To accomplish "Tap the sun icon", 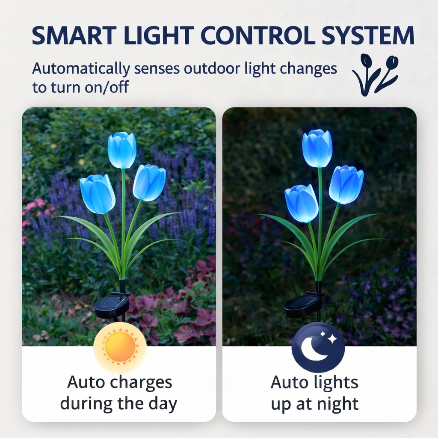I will coord(120,346).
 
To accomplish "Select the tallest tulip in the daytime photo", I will coord(122,150).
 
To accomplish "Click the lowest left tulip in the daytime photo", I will coord(98,194).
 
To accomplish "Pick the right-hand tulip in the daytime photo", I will coord(149,183).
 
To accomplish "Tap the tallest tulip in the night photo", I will coord(317,148).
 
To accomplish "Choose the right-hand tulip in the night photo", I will coord(346,184).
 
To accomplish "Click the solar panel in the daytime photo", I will coord(112,305).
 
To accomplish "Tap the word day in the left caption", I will coord(163,404).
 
